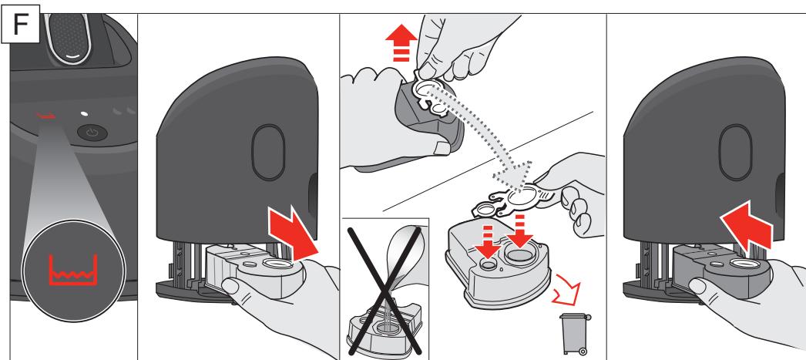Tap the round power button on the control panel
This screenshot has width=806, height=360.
point(92,133)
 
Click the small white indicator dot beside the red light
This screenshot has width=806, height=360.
point(84,113)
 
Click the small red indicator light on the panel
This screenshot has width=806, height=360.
point(45,115)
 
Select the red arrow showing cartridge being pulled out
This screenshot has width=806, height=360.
point(293,234)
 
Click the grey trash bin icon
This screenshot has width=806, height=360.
point(575,333)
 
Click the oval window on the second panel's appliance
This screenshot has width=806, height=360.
point(268,152)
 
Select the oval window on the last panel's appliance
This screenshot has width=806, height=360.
point(736,152)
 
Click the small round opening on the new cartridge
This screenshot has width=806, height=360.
point(489,264)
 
